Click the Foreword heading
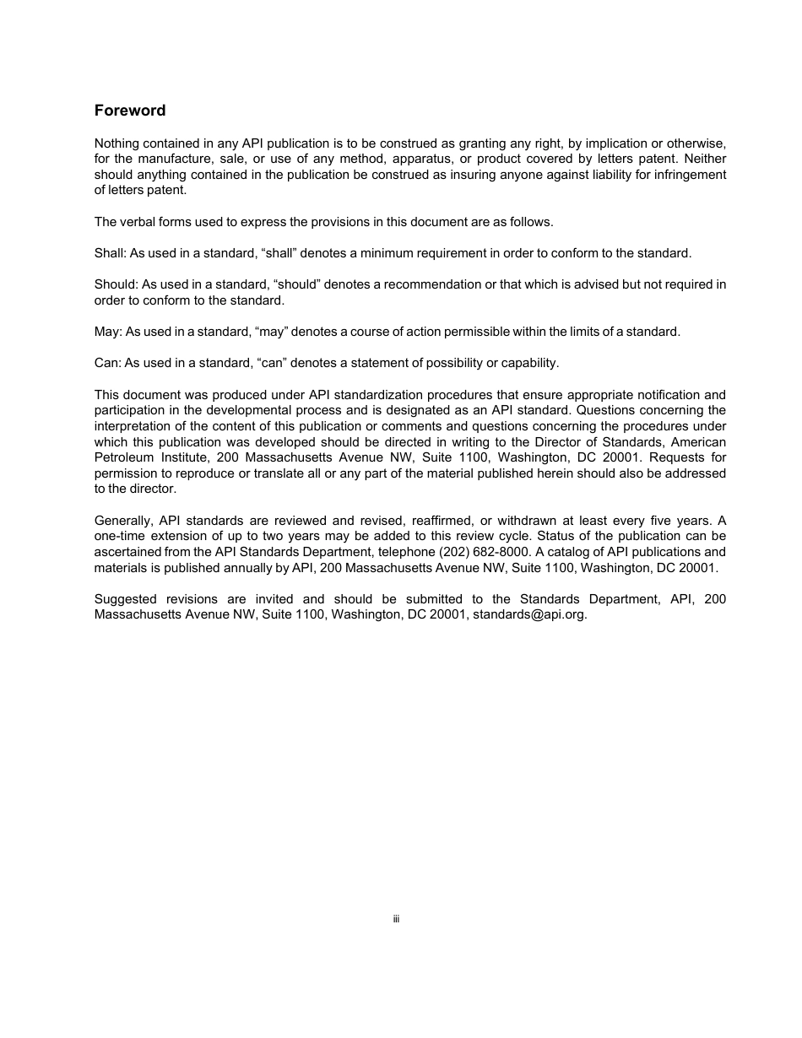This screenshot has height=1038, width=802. (x=130, y=111)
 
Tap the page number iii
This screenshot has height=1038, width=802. (x=396, y=918)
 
